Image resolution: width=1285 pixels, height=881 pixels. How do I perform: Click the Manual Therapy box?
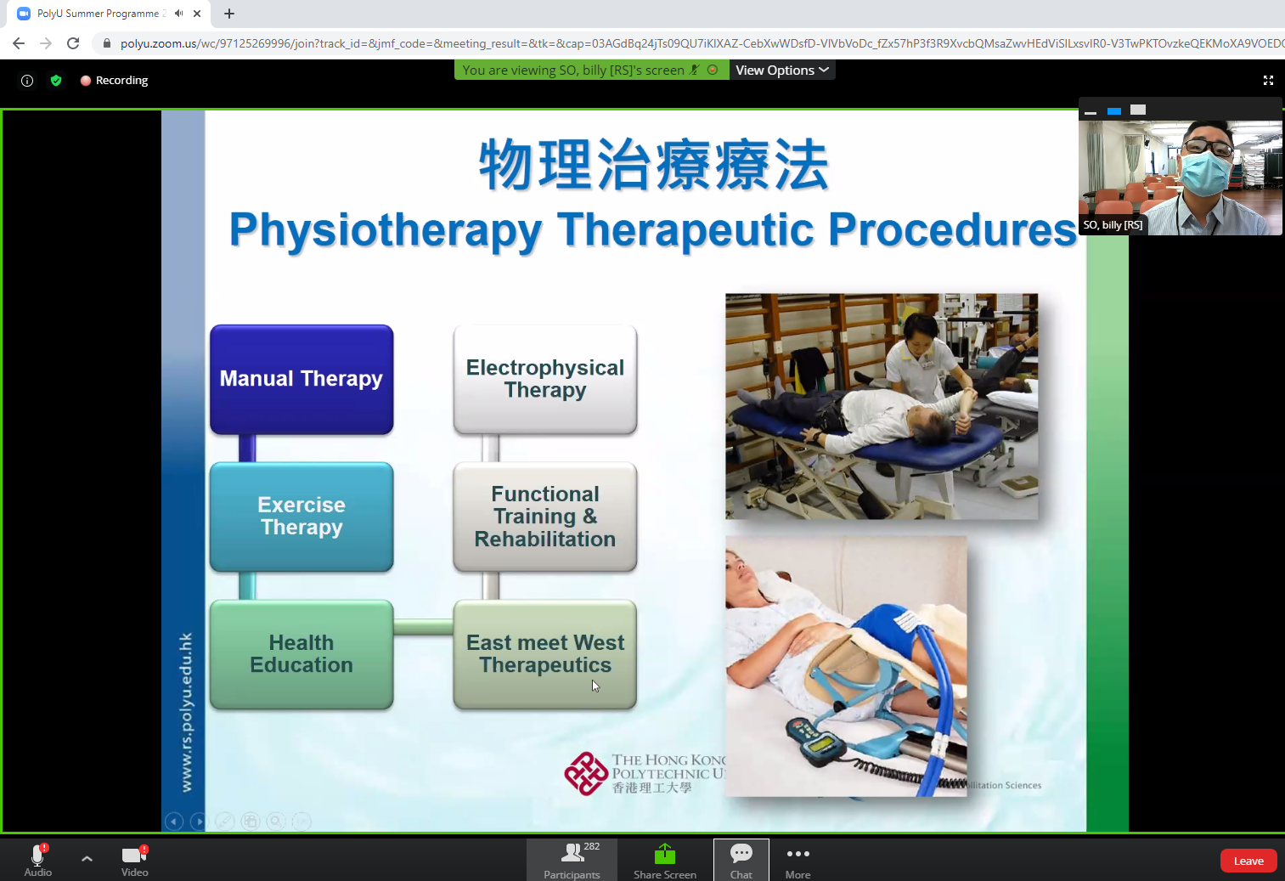302,380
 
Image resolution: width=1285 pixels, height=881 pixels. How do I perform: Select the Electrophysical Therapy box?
545,380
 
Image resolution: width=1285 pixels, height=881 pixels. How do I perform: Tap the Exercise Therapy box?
302,517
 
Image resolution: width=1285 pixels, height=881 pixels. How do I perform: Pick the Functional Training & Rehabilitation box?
545,517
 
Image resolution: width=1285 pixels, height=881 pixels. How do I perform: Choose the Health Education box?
302,654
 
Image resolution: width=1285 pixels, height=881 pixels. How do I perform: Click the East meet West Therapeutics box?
545,654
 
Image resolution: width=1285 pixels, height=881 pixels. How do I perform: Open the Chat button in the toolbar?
741,860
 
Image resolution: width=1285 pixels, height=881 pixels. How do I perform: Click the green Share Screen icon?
665,854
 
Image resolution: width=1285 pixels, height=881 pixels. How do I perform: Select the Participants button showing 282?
572,860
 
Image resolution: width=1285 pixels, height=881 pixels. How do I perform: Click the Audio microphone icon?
37,855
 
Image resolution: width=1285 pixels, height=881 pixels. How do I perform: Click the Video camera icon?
134,855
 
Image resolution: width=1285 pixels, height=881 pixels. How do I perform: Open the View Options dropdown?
781,71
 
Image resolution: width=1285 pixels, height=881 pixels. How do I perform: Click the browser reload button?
73,43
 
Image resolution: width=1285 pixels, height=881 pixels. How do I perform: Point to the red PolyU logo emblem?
586,773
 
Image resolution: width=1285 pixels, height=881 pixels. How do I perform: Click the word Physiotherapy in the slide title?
385,230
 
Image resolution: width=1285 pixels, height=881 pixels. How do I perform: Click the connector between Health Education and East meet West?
423,628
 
